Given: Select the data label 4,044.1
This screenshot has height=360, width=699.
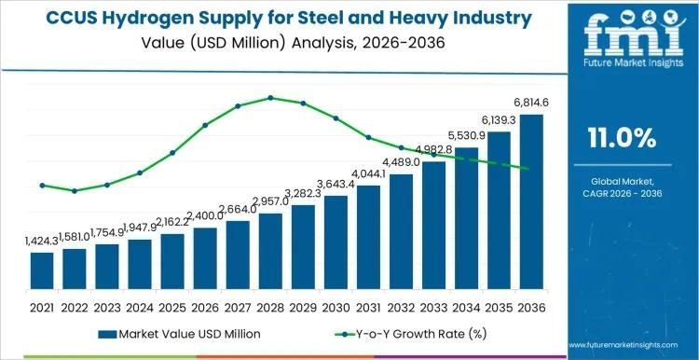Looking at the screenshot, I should coord(369,174).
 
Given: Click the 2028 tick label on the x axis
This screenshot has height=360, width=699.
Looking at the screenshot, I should coord(270,307).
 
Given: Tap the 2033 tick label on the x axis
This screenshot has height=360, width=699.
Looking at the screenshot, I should coord(433,307).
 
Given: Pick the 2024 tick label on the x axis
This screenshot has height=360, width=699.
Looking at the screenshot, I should coord(140,307).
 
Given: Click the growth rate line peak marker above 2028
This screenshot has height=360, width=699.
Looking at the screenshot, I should coord(270,97).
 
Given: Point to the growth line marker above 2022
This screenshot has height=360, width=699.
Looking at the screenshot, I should coord(75,190).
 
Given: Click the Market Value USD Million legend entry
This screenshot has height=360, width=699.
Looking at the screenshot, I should coord(178,333).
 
